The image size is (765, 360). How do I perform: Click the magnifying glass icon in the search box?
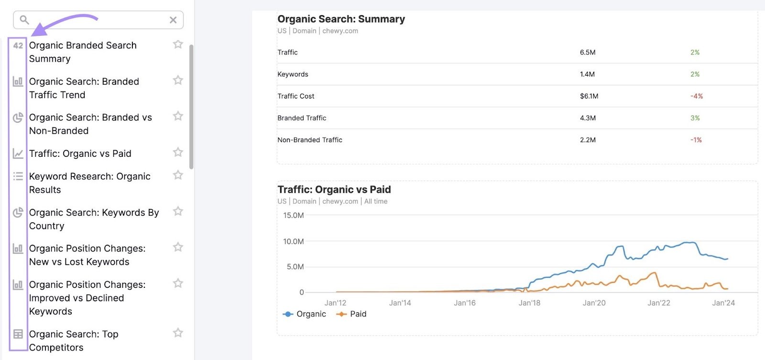[24, 20]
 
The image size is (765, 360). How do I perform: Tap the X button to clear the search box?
[173, 20]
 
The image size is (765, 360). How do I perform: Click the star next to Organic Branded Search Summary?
[178, 44]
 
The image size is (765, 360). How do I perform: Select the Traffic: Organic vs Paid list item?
[80, 153]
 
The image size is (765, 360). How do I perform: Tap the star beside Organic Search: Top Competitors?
[178, 333]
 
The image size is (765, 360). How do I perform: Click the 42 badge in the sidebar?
[18, 45]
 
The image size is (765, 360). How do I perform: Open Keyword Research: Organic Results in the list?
[89, 183]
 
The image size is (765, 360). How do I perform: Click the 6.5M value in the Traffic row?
[588, 53]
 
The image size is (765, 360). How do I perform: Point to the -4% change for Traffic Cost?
[697, 96]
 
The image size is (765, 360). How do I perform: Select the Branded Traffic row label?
[302, 118]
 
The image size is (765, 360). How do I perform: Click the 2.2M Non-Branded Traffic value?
[588, 140]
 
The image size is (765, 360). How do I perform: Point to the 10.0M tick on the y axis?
[294, 241]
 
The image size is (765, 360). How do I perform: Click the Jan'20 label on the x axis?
[594, 303]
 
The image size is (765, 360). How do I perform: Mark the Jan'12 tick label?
[335, 303]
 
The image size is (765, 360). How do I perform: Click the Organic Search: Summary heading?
[341, 19]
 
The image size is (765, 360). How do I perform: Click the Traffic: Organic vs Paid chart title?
[334, 190]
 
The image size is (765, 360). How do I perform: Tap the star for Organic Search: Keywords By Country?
[178, 211]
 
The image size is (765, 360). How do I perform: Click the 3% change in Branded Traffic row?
[695, 118]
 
